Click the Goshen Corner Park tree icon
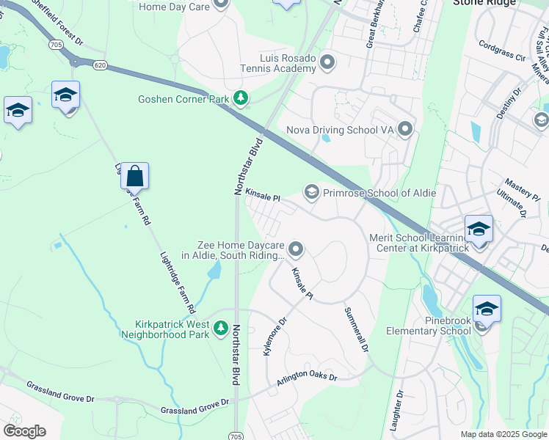pos(240,98)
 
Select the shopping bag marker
pos(134,177)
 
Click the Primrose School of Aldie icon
pos(311,193)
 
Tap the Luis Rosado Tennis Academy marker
pos(327,62)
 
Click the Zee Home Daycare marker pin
pos(296,250)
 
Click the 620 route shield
pos(101,65)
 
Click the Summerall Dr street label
pos(356,329)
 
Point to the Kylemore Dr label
pos(272,336)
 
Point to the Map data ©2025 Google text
pos(503,434)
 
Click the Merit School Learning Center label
pos(422,243)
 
